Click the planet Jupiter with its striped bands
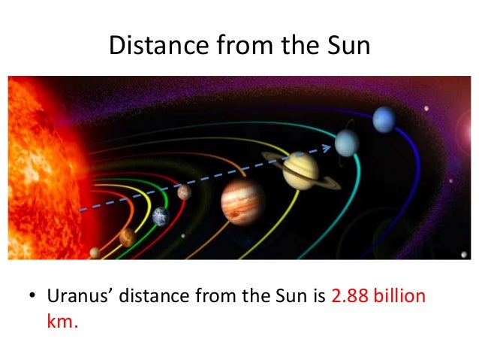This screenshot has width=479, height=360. pyautogui.click(x=243, y=201)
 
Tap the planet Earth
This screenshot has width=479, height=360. pyautogui.click(x=161, y=216)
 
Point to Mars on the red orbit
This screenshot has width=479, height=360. pyautogui.click(x=184, y=192)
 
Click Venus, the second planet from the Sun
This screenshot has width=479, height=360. pyautogui.click(x=127, y=237)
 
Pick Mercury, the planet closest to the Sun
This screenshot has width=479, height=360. pyautogui.click(x=95, y=253)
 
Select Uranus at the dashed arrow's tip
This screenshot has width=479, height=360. pyautogui.click(x=347, y=141)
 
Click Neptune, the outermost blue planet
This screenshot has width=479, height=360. pyautogui.click(x=383, y=117)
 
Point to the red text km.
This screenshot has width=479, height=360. pyautogui.click(x=63, y=322)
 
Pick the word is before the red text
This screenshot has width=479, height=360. pyautogui.click(x=319, y=296)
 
